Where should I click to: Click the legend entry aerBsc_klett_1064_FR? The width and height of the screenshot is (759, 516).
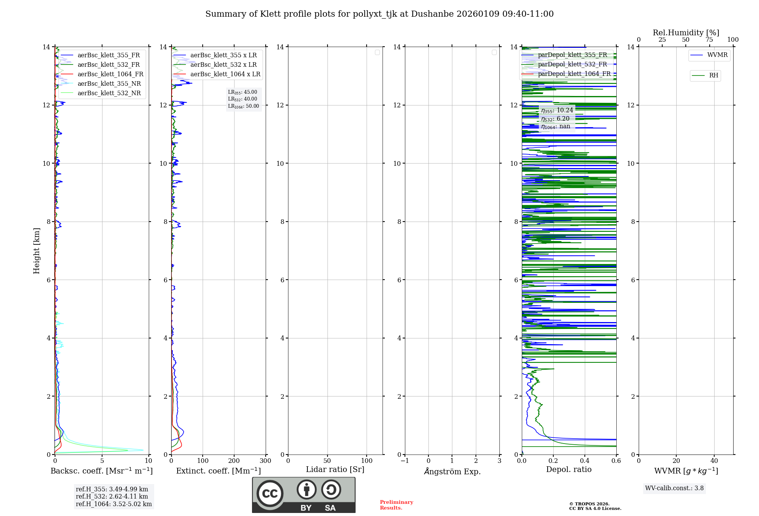pos(110,74)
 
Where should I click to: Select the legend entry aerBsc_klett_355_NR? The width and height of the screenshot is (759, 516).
pos(109,84)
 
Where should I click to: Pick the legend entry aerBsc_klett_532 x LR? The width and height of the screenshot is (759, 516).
pos(223,65)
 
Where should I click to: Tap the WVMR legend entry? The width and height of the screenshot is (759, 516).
pos(717,55)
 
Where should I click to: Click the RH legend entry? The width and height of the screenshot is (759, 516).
pos(713,76)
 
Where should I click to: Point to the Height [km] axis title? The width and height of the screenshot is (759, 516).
pos(36,251)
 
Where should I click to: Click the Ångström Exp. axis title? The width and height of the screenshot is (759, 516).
pos(452,471)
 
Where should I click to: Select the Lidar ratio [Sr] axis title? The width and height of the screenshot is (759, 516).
pos(335,470)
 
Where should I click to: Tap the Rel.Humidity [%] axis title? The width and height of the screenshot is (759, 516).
pos(686,33)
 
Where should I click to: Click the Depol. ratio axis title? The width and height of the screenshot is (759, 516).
pos(568,470)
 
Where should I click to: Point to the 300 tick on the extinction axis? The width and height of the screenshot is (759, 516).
pos(265,461)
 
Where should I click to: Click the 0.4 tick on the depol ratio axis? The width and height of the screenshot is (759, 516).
pos(584,461)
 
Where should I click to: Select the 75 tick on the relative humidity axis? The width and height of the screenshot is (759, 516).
pos(709,40)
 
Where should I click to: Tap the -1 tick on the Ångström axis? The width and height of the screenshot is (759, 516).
pos(405,461)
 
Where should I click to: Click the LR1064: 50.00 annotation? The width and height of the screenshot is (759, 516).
pos(243,106)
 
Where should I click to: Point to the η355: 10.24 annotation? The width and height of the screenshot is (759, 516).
pos(557,110)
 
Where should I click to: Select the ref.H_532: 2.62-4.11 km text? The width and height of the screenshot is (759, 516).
pos(112,497)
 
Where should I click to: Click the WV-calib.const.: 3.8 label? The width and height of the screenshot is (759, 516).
pos(674,488)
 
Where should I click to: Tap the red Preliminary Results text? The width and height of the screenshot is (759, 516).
pos(396,505)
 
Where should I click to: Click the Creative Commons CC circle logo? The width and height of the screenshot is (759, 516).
pos(270,494)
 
